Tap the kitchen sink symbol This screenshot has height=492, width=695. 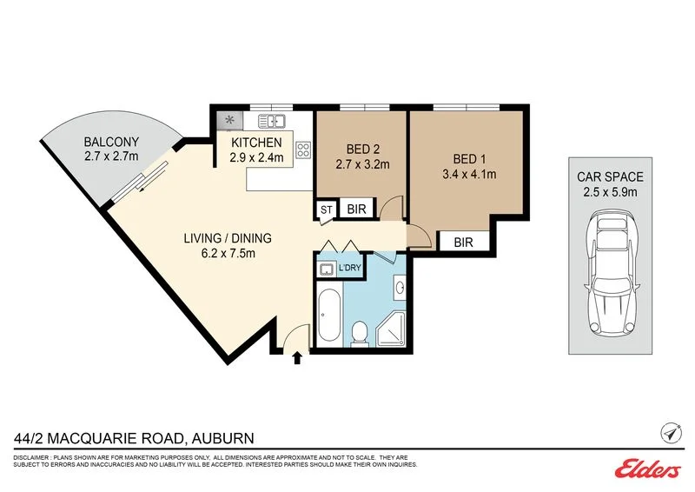[x=273, y=121]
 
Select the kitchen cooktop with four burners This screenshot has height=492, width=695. [x=303, y=150]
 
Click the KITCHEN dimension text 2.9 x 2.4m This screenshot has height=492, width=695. [x=256, y=158]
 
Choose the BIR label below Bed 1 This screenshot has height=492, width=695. [x=462, y=243]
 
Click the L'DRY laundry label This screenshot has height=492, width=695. [x=349, y=269]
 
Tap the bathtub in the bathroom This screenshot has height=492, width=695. [x=328, y=316]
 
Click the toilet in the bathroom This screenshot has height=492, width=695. [x=359, y=330]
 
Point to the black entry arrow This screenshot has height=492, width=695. [x=298, y=356]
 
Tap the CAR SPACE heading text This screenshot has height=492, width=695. [x=611, y=176]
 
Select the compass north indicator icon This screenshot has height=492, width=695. [x=670, y=432]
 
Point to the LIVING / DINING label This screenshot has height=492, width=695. [x=228, y=238]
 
